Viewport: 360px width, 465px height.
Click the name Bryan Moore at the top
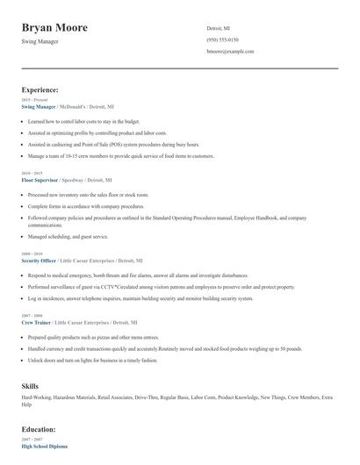[x=54, y=27]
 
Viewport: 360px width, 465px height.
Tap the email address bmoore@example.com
[x=230, y=52]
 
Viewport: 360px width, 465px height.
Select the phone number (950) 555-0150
[x=222, y=39]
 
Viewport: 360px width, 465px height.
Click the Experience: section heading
[x=40, y=89]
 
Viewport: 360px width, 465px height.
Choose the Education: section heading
[x=39, y=429]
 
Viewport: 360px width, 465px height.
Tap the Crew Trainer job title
[x=36, y=323]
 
